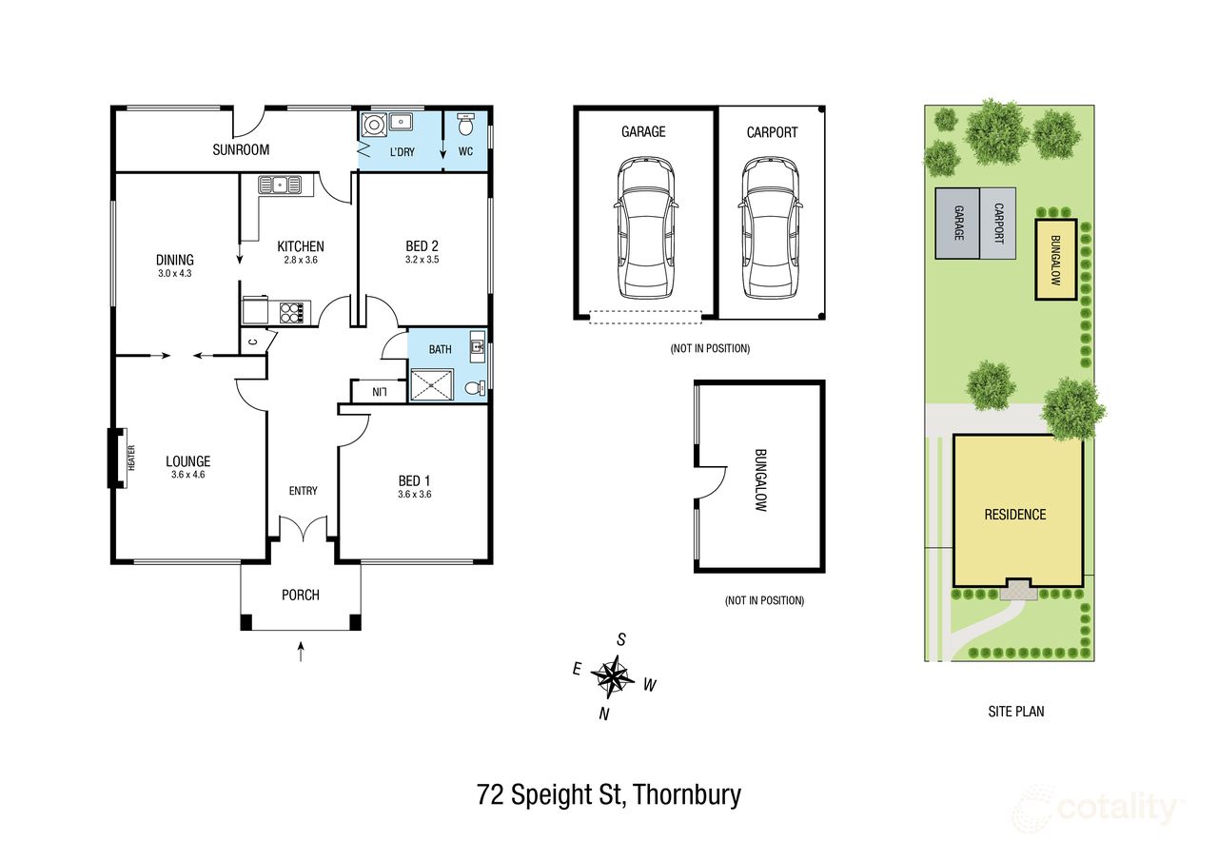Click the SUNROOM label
pyautogui.click(x=241, y=149)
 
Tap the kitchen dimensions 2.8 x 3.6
pyautogui.click(x=301, y=260)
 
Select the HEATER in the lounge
pyautogui.click(x=131, y=458)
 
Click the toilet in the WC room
pyautogui.click(x=465, y=125)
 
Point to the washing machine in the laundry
pyautogui.click(x=375, y=125)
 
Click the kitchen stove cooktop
pyautogui.click(x=292, y=313)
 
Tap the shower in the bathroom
pyautogui.click(x=432, y=385)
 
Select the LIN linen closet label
pyautogui.click(x=380, y=391)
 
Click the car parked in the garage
pyautogui.click(x=645, y=227)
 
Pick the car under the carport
pyautogui.click(x=771, y=227)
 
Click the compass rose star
pyautogui.click(x=614, y=676)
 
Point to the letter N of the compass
pyautogui.click(x=604, y=713)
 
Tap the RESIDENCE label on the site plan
pyautogui.click(x=1015, y=515)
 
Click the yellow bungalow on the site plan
pyautogui.click(x=1056, y=260)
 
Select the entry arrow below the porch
pyautogui.click(x=301, y=652)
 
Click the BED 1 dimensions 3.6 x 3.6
pyautogui.click(x=414, y=494)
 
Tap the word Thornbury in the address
pyautogui.click(x=687, y=794)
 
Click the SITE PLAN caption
pyautogui.click(x=1015, y=711)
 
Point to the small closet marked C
pyautogui.click(x=253, y=342)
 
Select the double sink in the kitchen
pyautogui.click(x=280, y=185)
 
